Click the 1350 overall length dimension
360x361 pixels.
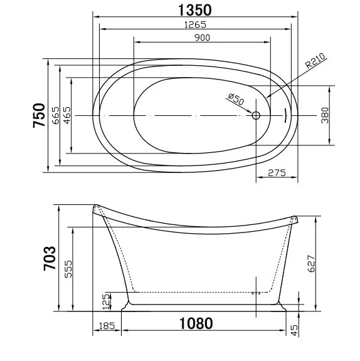tap(194, 9)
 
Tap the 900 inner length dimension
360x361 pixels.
tap(201, 38)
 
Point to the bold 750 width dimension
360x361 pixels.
tap(40, 116)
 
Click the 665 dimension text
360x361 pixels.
tap(55, 116)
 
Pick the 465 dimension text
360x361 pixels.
tap(67, 116)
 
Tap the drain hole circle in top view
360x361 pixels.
tap(256, 116)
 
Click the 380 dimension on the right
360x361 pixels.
tap(325, 116)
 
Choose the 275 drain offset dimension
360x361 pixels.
tap(277, 174)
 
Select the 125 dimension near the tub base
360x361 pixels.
tap(107, 301)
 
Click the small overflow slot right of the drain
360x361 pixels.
tap(285, 116)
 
